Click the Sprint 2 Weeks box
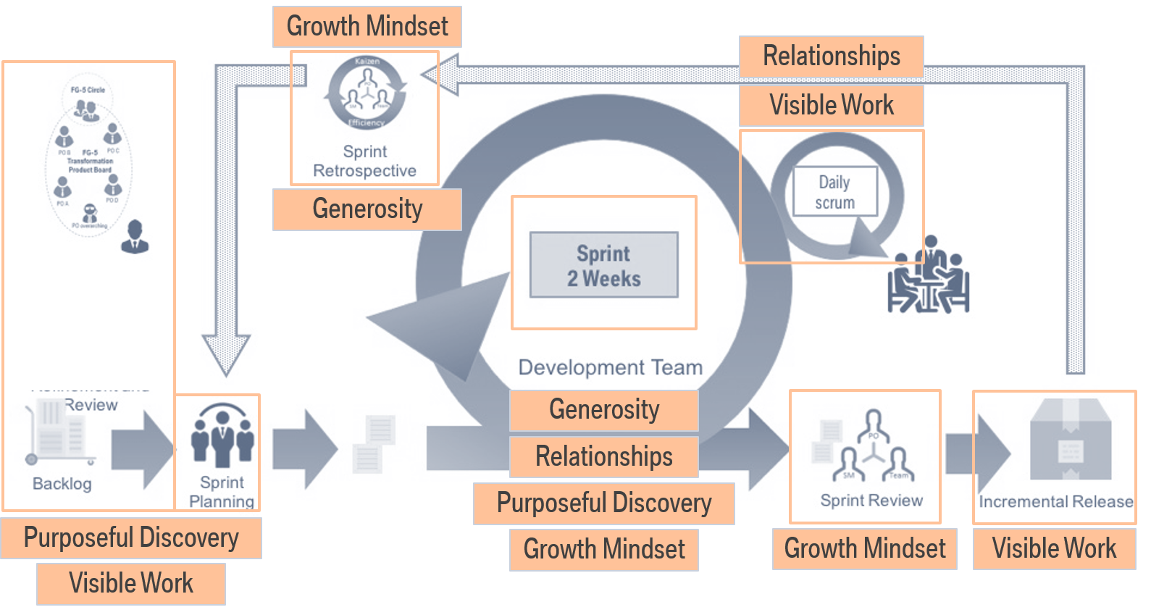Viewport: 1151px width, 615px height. tap(603, 265)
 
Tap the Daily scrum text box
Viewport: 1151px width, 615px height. tap(834, 192)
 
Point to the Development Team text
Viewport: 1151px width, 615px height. tap(610, 367)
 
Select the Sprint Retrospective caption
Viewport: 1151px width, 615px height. tap(364, 161)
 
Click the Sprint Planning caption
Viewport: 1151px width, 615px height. tap(222, 492)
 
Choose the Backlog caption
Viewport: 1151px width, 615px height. tap(62, 483)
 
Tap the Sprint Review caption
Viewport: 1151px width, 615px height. tap(871, 501)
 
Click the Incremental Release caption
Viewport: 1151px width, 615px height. tap(1055, 501)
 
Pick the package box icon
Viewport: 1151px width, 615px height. tap(1071, 439)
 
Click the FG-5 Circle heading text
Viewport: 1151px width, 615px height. tap(88, 90)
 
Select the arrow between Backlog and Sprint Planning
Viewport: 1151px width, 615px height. tap(142, 449)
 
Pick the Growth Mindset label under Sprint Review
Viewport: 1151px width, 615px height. tap(864, 548)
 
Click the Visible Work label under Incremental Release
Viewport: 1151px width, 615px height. tap(1054, 548)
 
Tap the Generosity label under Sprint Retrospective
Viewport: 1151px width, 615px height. tap(367, 209)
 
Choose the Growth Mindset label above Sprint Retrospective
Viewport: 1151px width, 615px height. tap(367, 27)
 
